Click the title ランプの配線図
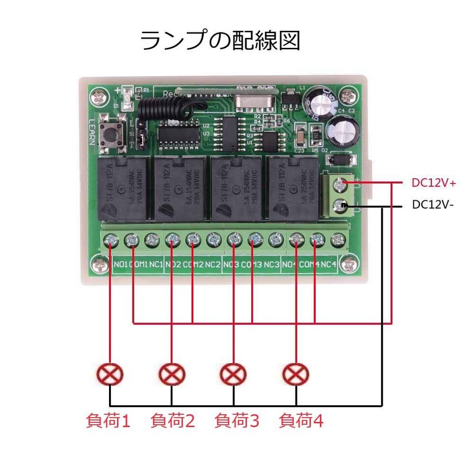220,42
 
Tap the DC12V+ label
434,182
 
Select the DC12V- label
433,205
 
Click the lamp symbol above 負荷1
110,374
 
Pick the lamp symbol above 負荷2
172,374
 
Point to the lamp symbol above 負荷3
233,374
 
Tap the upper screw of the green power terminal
340,184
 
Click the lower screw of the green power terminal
340,206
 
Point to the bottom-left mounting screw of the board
98,262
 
